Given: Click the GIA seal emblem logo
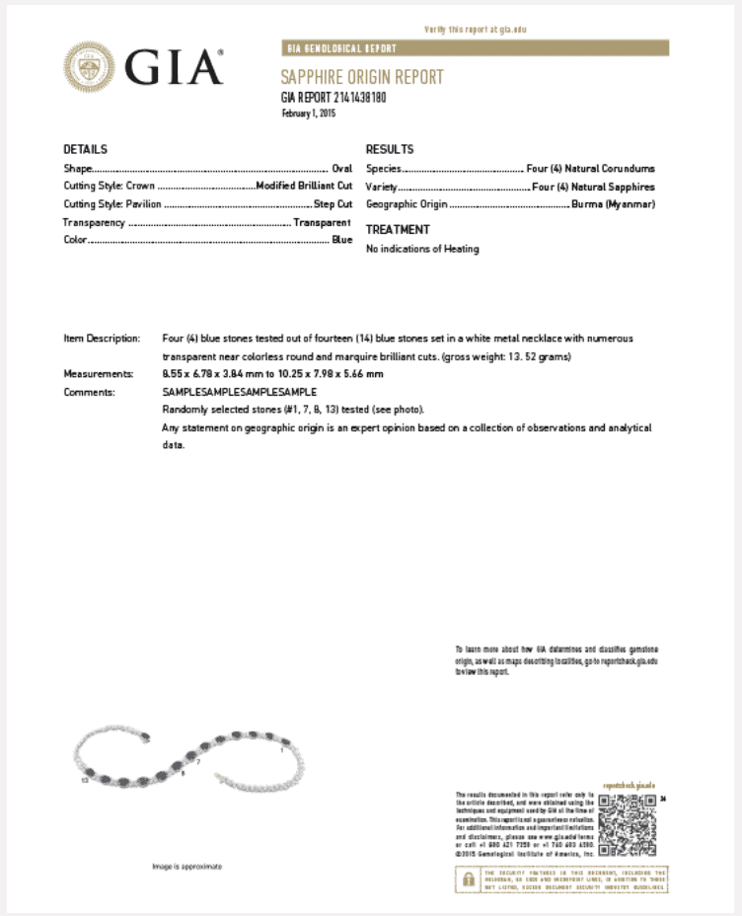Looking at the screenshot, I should (x=89, y=67).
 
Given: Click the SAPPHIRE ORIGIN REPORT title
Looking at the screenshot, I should (x=362, y=78).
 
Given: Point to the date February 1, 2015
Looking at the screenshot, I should (x=309, y=113).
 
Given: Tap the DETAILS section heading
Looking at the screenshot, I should (x=85, y=149).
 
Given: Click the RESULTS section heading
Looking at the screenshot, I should (x=390, y=149).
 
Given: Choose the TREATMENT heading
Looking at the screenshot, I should (x=398, y=229).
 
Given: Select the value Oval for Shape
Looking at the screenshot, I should (x=341, y=169).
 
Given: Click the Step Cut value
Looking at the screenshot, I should (x=332, y=204).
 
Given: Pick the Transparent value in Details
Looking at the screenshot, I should (x=322, y=222).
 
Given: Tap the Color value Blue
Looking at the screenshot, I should (x=341, y=240).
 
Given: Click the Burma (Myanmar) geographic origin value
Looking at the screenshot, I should (x=613, y=204).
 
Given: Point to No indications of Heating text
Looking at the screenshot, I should (x=422, y=249).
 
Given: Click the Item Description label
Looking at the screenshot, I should (x=102, y=338).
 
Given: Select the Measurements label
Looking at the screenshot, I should (x=98, y=374).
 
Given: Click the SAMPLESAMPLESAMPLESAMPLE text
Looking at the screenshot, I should (x=240, y=392).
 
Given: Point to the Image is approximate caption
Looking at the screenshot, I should (x=186, y=867).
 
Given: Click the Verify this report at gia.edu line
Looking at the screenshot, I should (x=475, y=30).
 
